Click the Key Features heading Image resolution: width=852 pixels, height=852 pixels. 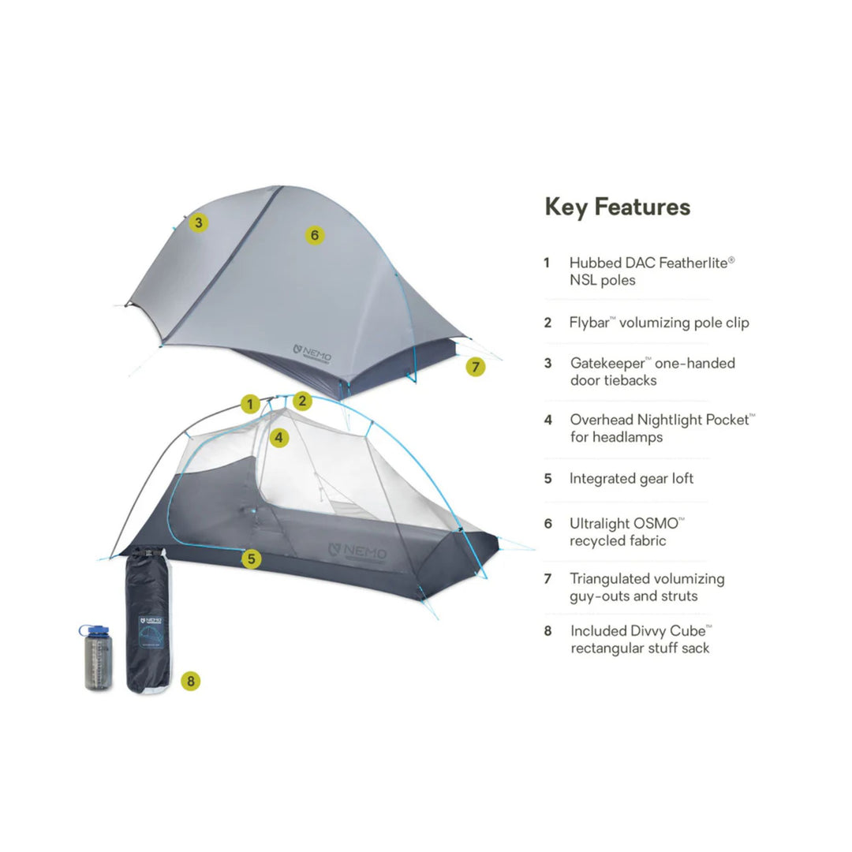click(x=617, y=207)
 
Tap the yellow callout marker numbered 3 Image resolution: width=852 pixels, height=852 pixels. click(x=198, y=222)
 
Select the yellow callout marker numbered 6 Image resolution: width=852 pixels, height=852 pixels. click(x=314, y=235)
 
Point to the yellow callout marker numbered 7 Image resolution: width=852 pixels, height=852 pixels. click(x=476, y=367)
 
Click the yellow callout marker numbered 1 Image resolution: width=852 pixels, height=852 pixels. click(x=250, y=404)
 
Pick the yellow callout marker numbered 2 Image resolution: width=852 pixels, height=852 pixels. click(x=302, y=401)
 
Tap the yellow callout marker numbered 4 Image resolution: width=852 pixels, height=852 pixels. click(x=278, y=437)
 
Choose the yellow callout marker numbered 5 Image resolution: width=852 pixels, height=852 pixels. click(x=251, y=558)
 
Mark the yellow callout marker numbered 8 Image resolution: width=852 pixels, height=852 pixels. click(x=190, y=681)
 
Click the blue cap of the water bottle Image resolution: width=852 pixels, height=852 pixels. click(x=95, y=631)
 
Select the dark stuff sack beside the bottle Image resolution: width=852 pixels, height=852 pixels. click(x=148, y=620)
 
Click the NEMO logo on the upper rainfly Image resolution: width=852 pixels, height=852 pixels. click(x=312, y=353)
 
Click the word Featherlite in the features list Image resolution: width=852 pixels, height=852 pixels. click(x=693, y=263)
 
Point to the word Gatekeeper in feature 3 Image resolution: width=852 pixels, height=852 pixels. click(x=607, y=364)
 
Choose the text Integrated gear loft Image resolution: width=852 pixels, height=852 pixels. click(x=631, y=479)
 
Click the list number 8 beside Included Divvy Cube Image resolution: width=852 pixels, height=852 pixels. click(x=547, y=631)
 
